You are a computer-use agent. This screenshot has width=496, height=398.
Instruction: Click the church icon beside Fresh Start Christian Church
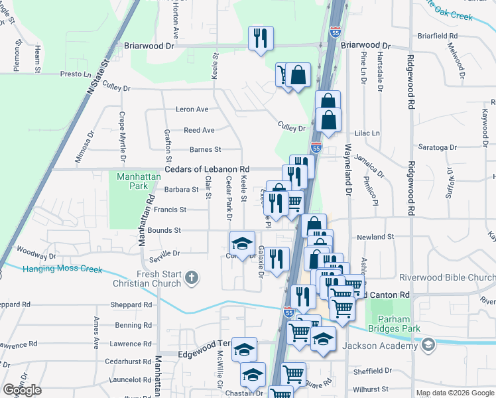pyautogui.click(x=192, y=278)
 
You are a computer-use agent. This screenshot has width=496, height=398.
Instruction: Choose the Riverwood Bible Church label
pyautogui.click(x=446, y=277)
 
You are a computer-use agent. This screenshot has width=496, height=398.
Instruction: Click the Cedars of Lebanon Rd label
pyautogui.click(x=207, y=169)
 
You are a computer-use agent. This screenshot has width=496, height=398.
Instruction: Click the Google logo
pyautogui.click(x=22, y=390)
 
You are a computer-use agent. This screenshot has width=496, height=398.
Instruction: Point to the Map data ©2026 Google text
pyautogui.click(x=454, y=393)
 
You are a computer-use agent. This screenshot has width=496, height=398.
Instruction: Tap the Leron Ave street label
pyautogui.click(x=192, y=109)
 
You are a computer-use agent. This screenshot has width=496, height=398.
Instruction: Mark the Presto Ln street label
pyautogui.click(x=75, y=74)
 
